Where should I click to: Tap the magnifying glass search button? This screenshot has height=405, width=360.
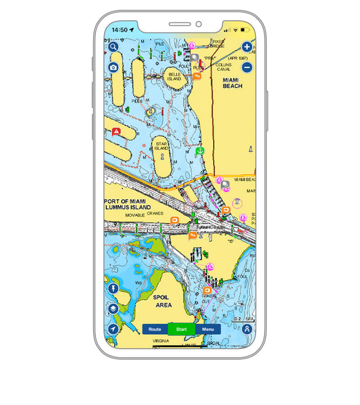pyautogui.click(x=113, y=47)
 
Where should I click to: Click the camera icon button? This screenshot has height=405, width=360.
pyautogui.click(x=113, y=67)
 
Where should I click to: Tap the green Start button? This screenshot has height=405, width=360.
pyautogui.click(x=181, y=329)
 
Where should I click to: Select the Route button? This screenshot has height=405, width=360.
pyautogui.click(x=155, y=329)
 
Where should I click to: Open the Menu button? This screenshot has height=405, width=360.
pyautogui.click(x=208, y=329)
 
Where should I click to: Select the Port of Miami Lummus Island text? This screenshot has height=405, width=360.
pyautogui.click(x=131, y=205)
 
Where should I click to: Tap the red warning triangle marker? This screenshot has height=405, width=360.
pyautogui.click(x=116, y=132)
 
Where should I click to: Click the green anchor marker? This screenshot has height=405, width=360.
pyautogui.click(x=200, y=151)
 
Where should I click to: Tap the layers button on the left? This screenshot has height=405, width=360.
pyautogui.click(x=113, y=308)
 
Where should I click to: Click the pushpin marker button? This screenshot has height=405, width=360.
pyautogui.click(x=113, y=289)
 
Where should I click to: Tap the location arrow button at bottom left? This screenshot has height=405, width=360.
pyautogui.click(x=113, y=329)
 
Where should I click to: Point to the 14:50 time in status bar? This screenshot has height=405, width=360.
pyautogui.click(x=120, y=30)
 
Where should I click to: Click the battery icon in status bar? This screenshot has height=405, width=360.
pyautogui.click(x=245, y=30)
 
